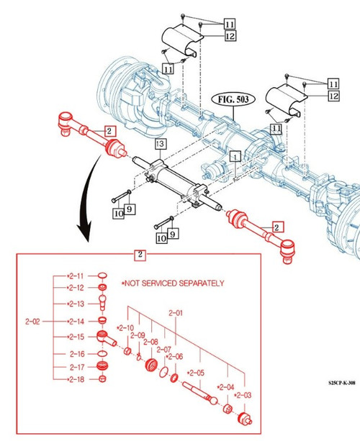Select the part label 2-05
pos(196,373)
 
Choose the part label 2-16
pos(76,353)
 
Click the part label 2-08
pos(149,342)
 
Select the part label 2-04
pos(226,387)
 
